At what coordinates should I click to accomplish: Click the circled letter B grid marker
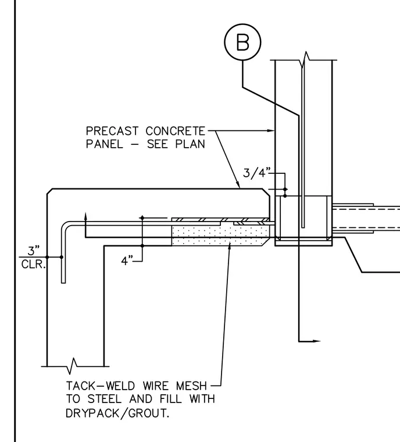click(242, 42)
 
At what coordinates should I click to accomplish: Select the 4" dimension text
click(127, 261)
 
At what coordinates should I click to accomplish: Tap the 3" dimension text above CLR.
click(34, 250)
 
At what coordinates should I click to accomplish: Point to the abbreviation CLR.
click(33, 265)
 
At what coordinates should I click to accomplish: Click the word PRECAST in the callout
click(112, 131)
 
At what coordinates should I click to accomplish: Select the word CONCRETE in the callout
click(176, 131)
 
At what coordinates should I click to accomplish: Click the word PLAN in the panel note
click(190, 144)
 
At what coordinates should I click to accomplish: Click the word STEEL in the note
click(105, 399)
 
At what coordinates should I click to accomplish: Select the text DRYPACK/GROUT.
click(117, 414)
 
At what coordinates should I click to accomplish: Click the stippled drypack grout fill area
click(220, 236)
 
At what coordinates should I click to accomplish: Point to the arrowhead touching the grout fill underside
click(230, 247)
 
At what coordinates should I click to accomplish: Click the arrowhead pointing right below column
click(316, 341)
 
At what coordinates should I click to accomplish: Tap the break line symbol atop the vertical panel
click(305, 60)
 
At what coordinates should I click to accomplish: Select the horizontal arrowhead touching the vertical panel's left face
click(271, 131)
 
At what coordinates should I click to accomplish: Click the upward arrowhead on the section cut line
click(85, 216)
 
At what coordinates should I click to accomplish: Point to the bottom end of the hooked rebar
click(63, 283)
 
